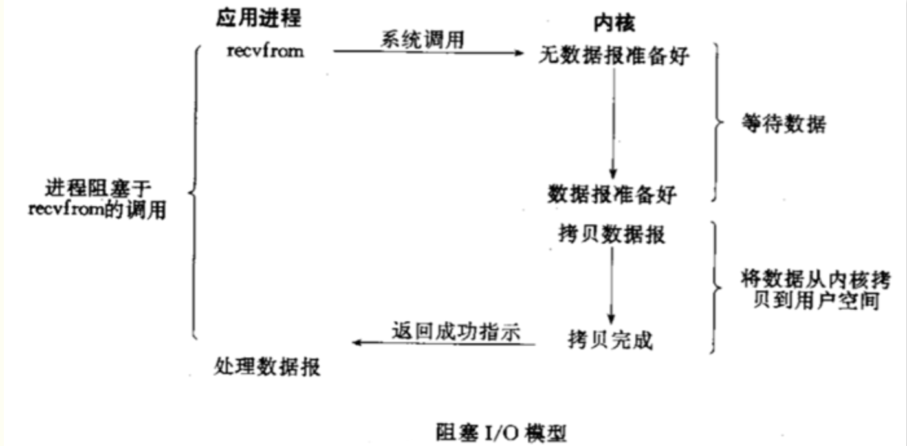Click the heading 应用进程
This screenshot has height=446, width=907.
point(259,19)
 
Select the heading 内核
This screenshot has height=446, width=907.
point(614,24)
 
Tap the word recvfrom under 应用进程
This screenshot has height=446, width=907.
point(265,51)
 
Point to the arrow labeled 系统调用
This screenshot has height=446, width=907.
point(427,52)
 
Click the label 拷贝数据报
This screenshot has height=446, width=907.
point(611,235)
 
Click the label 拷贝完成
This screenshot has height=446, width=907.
point(610,340)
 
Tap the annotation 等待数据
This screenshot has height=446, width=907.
point(783,125)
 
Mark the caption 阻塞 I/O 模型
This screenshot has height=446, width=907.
point(501,430)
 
